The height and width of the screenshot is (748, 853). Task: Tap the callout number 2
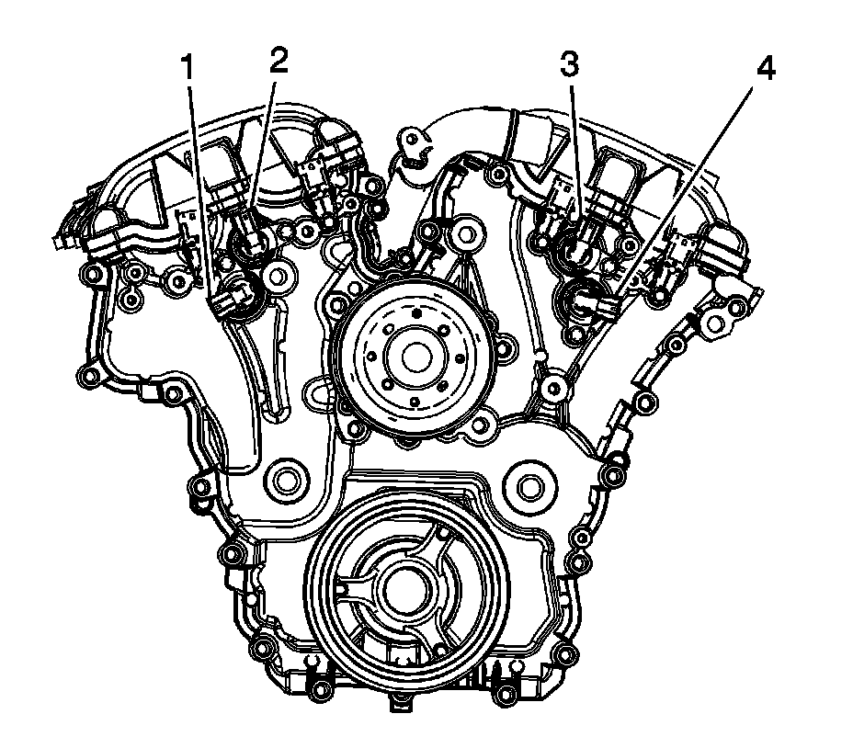278,60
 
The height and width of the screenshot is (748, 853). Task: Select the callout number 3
570,66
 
